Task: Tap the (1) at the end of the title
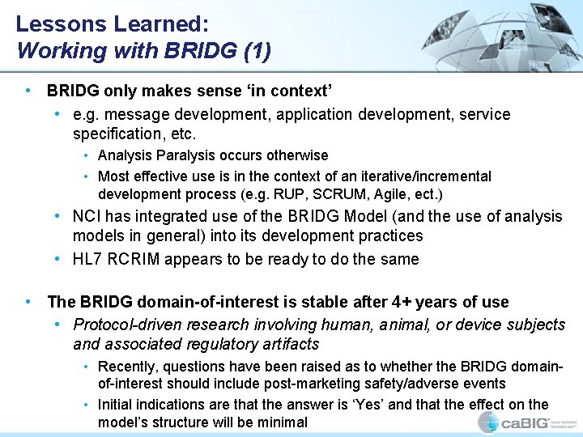coord(257,50)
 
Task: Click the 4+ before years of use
coord(402,302)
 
